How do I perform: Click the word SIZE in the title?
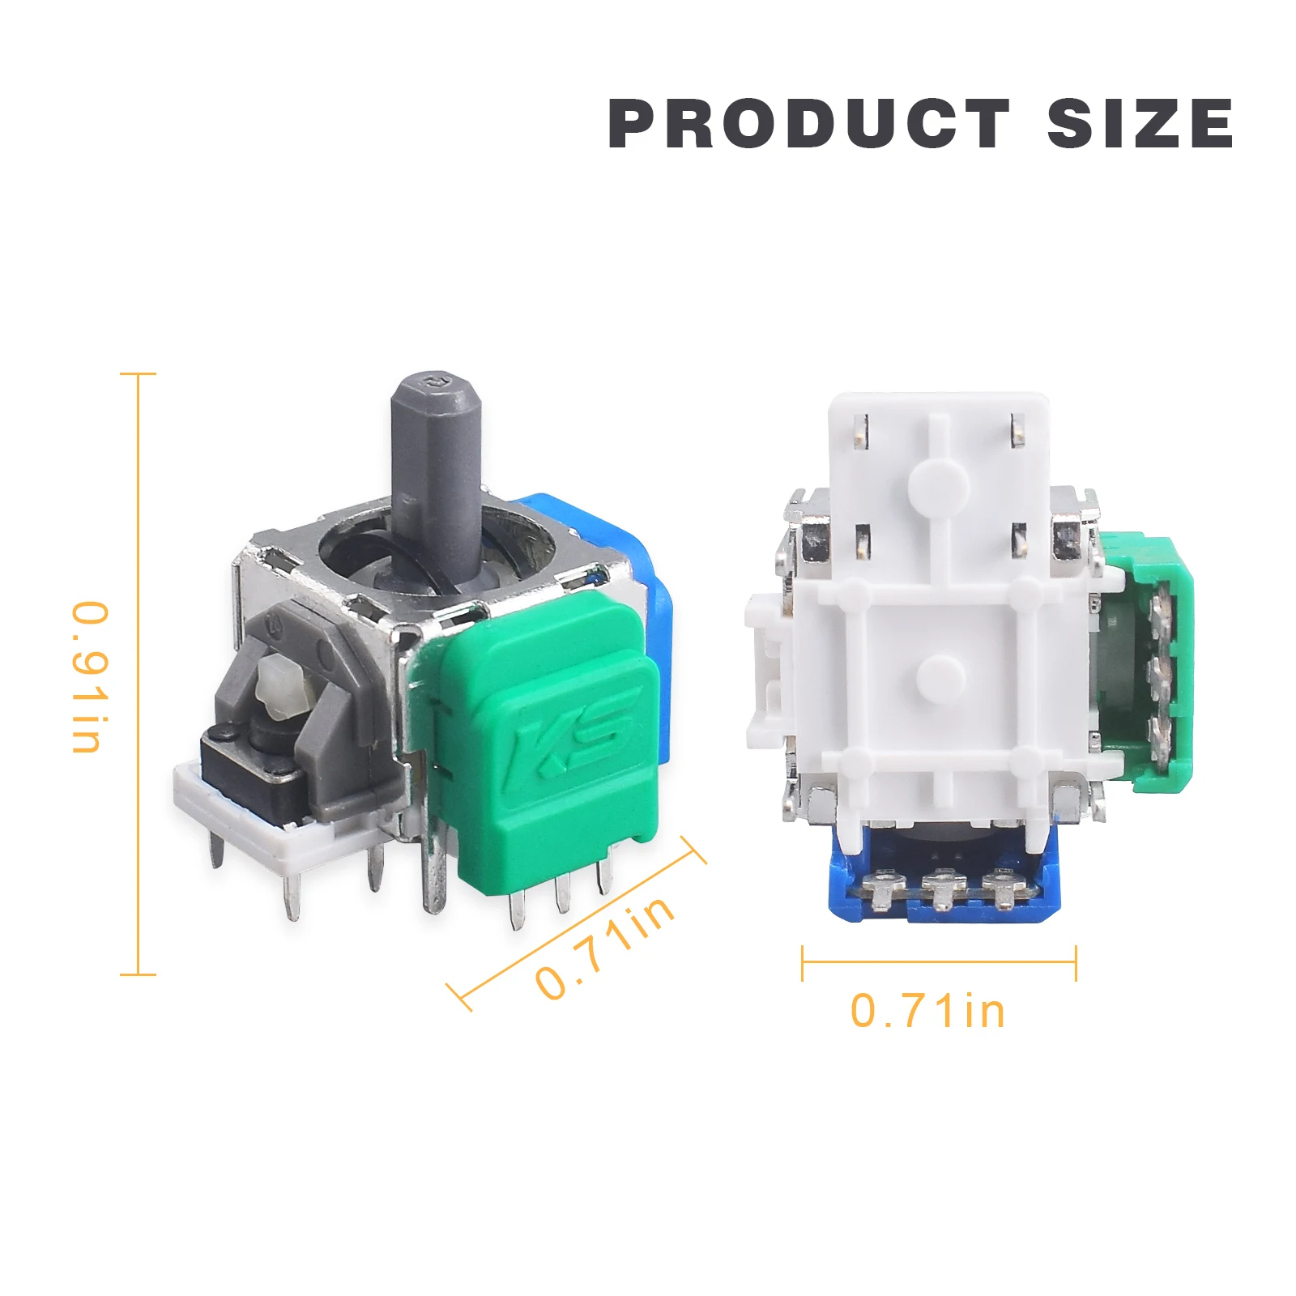click(1140, 124)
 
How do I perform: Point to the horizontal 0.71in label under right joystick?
click(927, 1012)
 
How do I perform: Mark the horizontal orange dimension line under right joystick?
click(939, 962)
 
